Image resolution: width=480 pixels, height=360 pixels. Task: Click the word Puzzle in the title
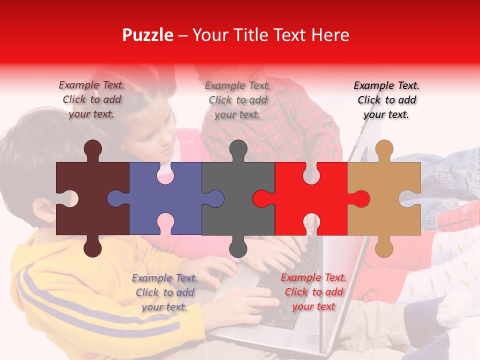tap(148, 35)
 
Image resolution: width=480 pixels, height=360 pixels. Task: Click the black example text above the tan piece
tap(386, 100)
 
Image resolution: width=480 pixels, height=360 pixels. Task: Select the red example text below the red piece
tap(313, 292)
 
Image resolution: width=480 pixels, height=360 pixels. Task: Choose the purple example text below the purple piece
tap(164, 292)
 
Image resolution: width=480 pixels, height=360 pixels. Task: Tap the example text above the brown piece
tap(91, 99)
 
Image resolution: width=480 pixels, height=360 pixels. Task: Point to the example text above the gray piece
tap(237, 100)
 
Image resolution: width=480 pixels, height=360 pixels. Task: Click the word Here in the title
tap(330, 35)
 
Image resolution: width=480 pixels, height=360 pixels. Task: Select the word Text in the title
tap(290, 35)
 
